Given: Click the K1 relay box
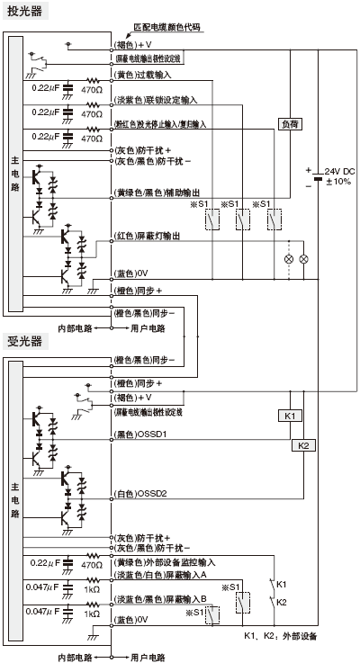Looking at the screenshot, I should [289, 416].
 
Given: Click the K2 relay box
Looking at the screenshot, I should [302, 444].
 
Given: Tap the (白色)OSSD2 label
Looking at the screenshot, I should [145, 493].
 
